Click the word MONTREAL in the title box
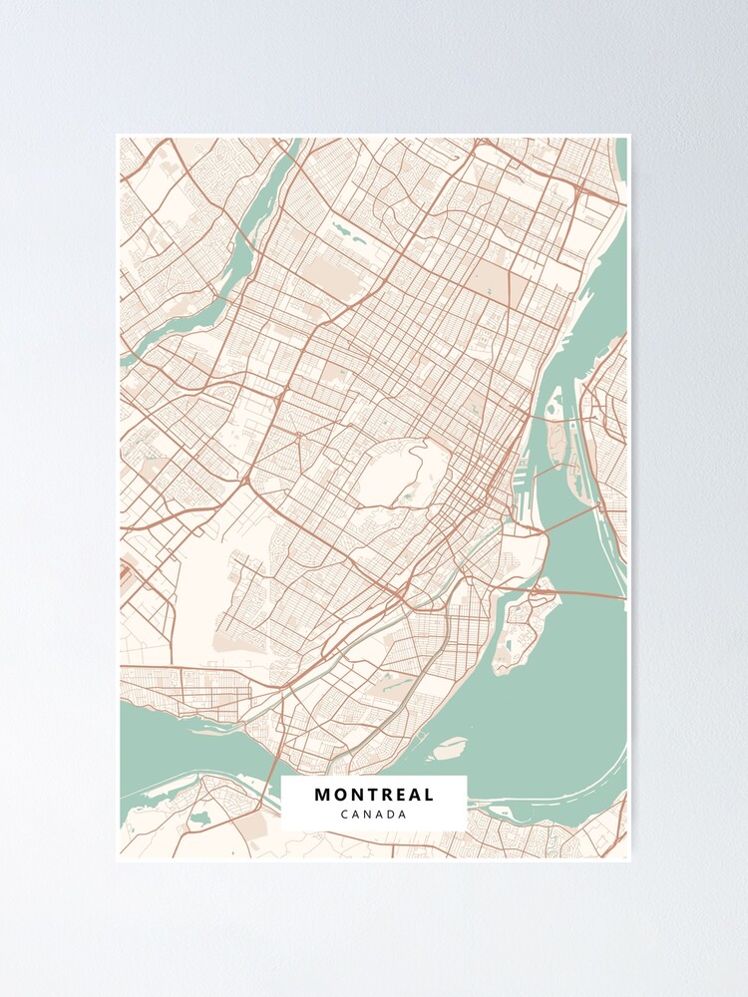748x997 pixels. tap(374, 795)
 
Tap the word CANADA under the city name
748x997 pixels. tap(374, 815)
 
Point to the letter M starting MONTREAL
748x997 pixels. tap(322, 795)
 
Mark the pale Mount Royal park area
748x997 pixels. tap(399, 474)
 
